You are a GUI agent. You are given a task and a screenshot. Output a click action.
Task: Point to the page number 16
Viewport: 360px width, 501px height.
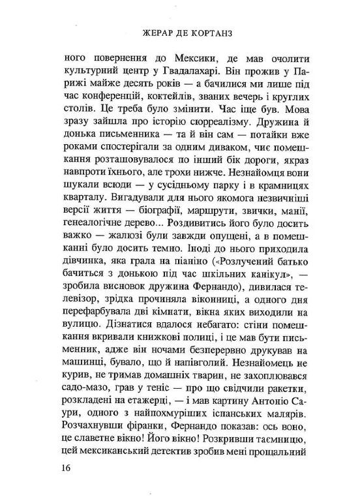click(x=63, y=468)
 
